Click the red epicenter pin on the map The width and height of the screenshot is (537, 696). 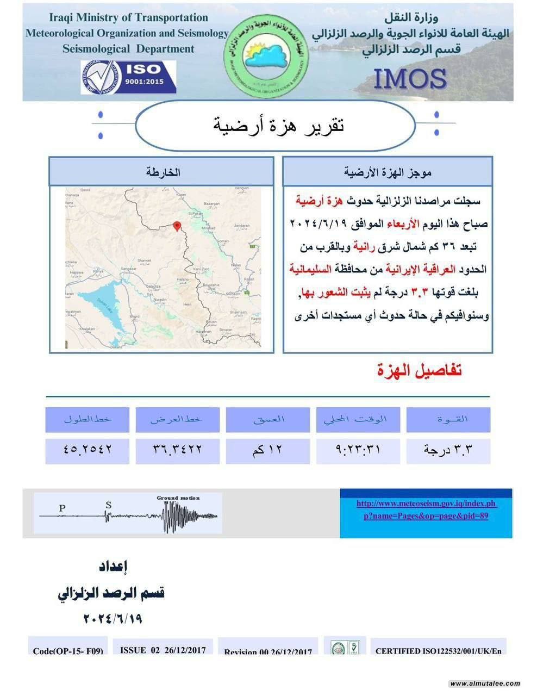click(x=177, y=226)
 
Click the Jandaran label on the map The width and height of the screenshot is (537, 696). click(x=241, y=225)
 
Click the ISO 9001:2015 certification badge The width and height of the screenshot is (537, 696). click(x=128, y=77)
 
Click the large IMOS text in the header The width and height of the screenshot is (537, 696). click(x=410, y=79)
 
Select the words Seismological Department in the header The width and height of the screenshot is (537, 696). click(x=128, y=49)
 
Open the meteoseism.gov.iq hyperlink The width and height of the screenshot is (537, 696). click(x=426, y=509)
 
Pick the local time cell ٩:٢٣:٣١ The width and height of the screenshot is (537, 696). click(x=358, y=450)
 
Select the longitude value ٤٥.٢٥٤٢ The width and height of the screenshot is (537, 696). click(x=88, y=450)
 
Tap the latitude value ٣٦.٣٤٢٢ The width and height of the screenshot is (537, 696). click(x=177, y=450)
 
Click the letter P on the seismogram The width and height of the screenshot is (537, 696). click(x=63, y=508)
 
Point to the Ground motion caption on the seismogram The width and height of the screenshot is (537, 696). click(x=178, y=498)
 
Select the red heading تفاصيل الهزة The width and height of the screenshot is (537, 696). click(x=419, y=371)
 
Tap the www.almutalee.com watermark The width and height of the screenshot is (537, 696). click(x=485, y=683)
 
